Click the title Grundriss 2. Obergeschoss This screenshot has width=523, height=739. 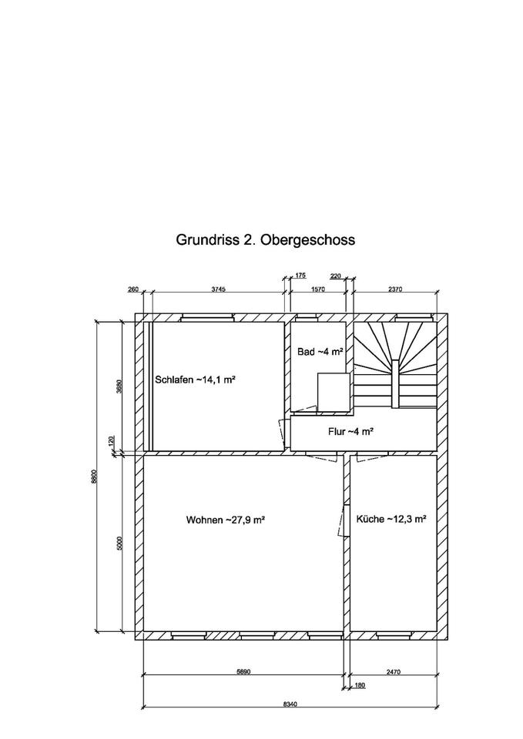click(x=266, y=240)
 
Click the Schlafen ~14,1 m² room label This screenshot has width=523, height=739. click(x=194, y=380)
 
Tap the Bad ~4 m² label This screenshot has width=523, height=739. click(x=320, y=352)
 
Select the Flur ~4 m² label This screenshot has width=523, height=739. click(x=350, y=432)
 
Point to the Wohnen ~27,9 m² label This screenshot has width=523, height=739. click(x=226, y=520)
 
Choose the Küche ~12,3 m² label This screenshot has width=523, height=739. click(x=391, y=520)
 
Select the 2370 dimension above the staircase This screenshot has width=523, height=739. click(x=396, y=290)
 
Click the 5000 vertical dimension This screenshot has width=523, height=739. click(x=119, y=543)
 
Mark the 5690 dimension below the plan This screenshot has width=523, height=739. click(x=243, y=672)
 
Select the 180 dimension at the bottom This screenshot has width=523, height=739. click(x=359, y=685)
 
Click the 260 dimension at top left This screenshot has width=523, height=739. click(x=132, y=290)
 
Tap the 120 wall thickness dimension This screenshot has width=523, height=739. click(x=112, y=442)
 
